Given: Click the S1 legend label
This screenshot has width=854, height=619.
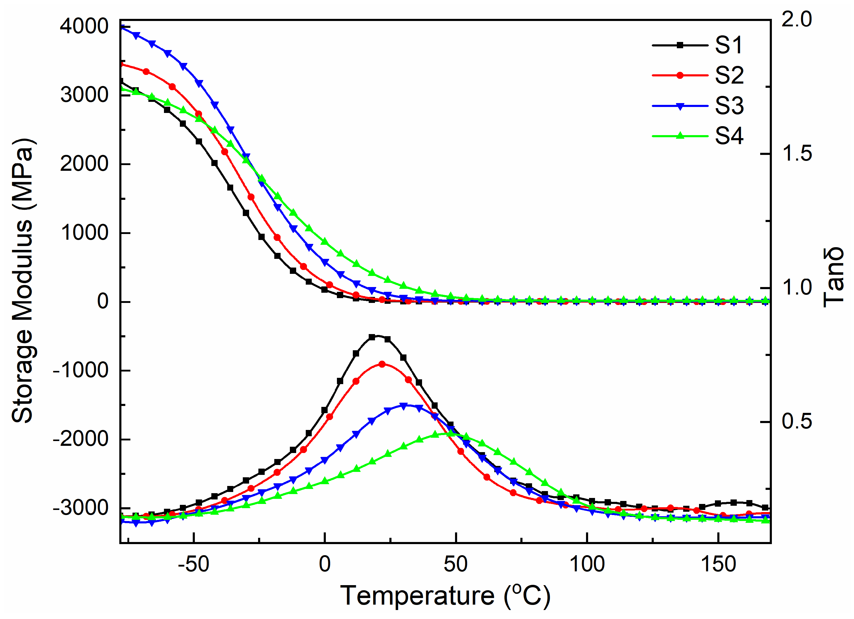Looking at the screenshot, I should pyautogui.click(x=729, y=45).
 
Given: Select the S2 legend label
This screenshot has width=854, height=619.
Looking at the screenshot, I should pyautogui.click(x=729, y=75).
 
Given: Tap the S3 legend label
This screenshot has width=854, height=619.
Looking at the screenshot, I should pyautogui.click(x=729, y=106).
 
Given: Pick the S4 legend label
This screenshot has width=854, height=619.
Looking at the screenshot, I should pyautogui.click(x=729, y=136).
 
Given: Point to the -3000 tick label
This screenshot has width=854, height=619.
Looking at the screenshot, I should pyautogui.click(x=81, y=508).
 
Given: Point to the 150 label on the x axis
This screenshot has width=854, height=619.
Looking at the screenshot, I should pyautogui.click(x=718, y=564).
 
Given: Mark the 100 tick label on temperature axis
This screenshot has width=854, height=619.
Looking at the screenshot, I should pyautogui.click(x=587, y=564).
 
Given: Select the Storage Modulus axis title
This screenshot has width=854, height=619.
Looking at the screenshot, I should pyautogui.click(x=22, y=280).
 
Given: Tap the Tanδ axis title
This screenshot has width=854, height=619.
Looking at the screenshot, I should pyautogui.click(x=833, y=277).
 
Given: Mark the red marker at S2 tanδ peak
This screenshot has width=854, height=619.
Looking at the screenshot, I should pyautogui.click(x=382, y=364).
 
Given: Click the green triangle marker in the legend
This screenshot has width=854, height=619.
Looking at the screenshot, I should pyautogui.click(x=680, y=136).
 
